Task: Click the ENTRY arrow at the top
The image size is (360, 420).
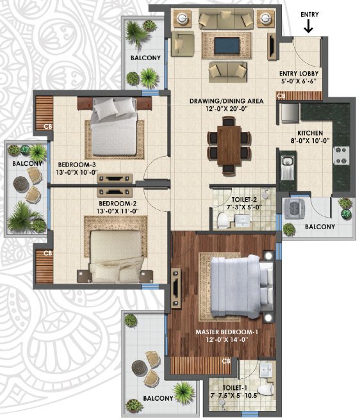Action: click(x=309, y=26)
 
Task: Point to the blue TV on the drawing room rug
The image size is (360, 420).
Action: click(x=223, y=45)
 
